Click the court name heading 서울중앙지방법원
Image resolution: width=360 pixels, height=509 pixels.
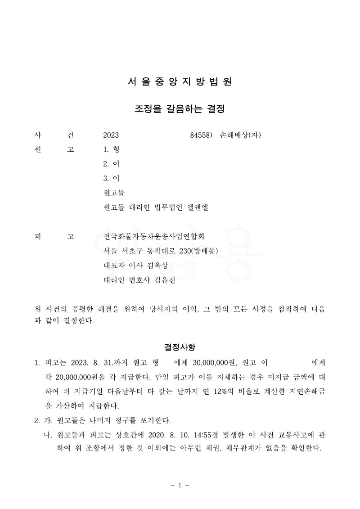180,82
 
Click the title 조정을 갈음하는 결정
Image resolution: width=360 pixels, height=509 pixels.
180,109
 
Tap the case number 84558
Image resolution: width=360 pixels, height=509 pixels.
201,135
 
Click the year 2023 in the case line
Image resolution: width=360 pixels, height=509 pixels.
111,135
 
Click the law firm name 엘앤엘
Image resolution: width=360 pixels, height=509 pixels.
198,207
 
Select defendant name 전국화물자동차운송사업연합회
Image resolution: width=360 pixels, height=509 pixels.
157,236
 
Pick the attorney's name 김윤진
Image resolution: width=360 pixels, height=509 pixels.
163,280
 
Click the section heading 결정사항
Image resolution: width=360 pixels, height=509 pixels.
180,347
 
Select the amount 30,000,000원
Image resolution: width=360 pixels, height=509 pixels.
211,362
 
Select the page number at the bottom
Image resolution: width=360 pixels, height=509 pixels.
180,485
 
